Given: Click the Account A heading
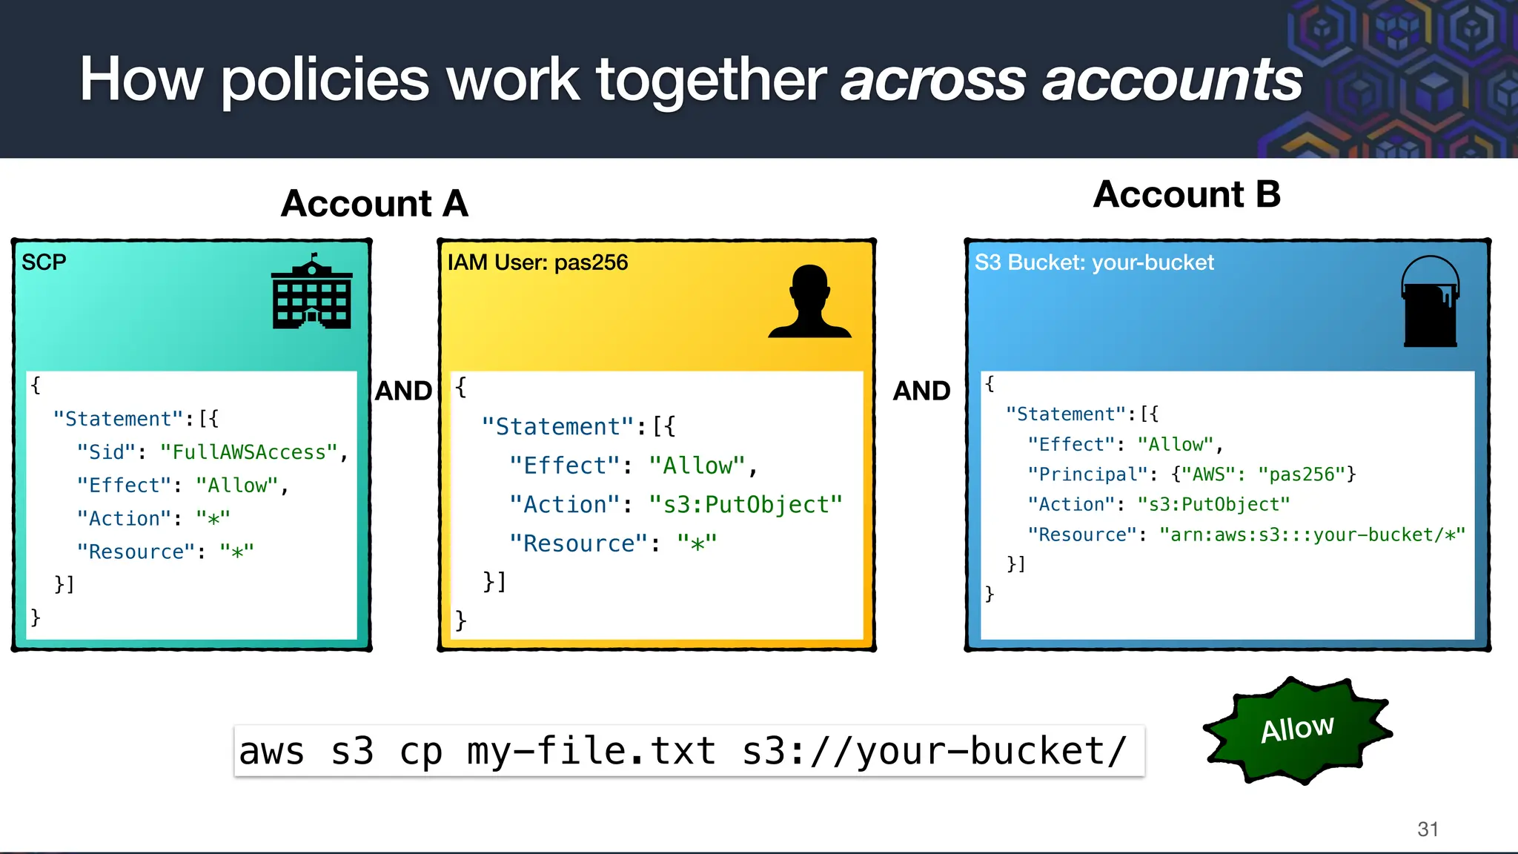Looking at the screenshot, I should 374,204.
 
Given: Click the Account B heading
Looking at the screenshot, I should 1187,195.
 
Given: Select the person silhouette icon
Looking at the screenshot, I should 809,302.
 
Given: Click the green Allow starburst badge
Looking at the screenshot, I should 1297,730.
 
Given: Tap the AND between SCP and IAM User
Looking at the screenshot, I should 403,391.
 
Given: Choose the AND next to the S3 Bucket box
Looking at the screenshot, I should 921,391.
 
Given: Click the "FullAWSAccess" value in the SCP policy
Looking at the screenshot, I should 249,452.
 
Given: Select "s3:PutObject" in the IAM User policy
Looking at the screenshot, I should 746,505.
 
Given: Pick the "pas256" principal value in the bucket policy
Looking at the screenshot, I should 1302,474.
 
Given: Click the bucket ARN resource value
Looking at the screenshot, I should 1312,534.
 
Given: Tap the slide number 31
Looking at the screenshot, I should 1428,829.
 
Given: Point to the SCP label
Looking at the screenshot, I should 44,262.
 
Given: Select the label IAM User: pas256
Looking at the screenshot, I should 537,262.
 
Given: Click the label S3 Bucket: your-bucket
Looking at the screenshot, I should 1094,262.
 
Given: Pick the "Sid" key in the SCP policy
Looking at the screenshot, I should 106,452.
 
